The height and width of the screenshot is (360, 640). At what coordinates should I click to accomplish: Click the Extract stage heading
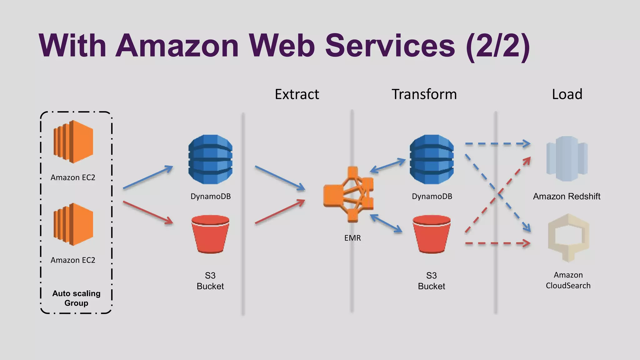coord(297,94)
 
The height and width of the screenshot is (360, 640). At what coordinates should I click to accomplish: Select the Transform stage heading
coord(424,94)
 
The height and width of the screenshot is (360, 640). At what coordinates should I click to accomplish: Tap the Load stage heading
coord(567,94)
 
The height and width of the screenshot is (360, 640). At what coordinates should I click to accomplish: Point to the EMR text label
coord(352,238)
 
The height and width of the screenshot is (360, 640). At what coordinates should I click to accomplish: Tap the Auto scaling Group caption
coord(76,298)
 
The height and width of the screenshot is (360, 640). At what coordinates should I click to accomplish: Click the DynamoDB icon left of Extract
coord(210,159)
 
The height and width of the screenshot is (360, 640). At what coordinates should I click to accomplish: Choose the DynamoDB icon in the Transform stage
coord(432,159)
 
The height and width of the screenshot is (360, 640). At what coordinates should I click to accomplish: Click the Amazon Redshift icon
coord(567,159)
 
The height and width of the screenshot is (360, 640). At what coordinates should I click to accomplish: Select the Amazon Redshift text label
coord(567,197)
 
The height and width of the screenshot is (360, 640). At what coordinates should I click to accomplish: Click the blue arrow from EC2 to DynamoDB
coord(148,177)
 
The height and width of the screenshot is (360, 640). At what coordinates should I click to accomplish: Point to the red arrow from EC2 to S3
coord(148,212)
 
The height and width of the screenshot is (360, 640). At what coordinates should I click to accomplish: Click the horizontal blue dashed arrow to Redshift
coord(497,144)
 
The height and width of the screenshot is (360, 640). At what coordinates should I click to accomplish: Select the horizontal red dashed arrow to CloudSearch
coord(497,243)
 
